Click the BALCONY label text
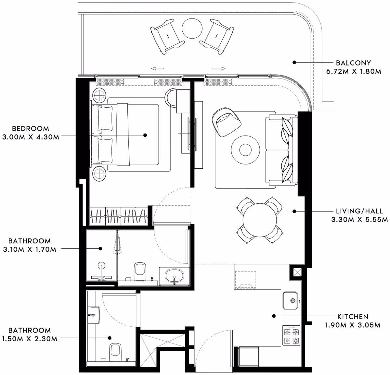coord(353,63)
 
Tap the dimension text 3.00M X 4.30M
coord(31,137)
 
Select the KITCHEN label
coord(353,317)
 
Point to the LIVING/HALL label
coord(359,211)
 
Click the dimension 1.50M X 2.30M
coord(30,339)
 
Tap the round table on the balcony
coord(192,28)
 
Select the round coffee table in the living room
coord(245,150)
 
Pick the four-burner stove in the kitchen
coord(292,335)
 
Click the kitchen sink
coord(290,301)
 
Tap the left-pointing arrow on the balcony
coord(158,68)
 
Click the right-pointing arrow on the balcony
coord(219,68)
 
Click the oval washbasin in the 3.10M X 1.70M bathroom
coord(174,276)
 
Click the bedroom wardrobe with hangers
coord(119,216)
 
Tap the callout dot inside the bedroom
coord(145,135)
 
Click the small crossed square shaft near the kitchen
coord(297,272)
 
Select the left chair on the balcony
coord(167,37)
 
